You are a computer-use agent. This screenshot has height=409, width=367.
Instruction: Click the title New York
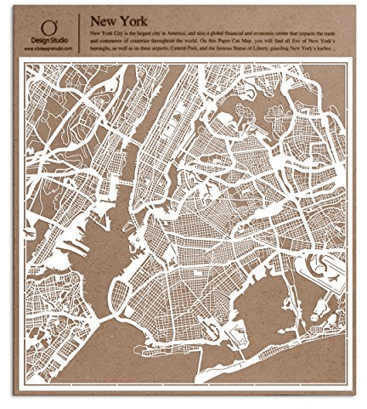118,20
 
